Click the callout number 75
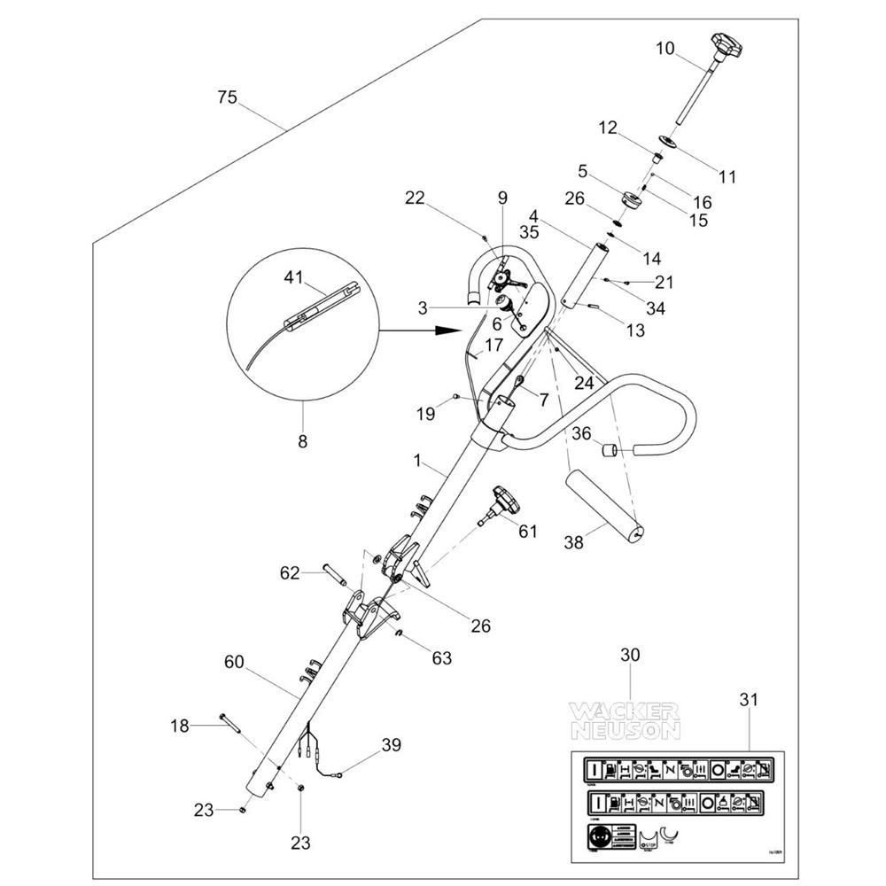coord(228,97)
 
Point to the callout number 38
coord(574,542)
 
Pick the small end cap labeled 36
coord(610,451)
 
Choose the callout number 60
coord(233,662)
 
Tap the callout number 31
coord(748,699)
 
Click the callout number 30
coord(629,656)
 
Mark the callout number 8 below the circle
coord(302,440)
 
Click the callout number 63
coord(441,658)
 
